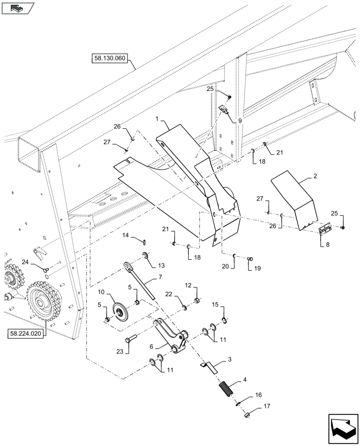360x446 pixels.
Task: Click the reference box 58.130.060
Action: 110,58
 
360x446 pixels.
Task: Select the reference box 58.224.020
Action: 26,333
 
